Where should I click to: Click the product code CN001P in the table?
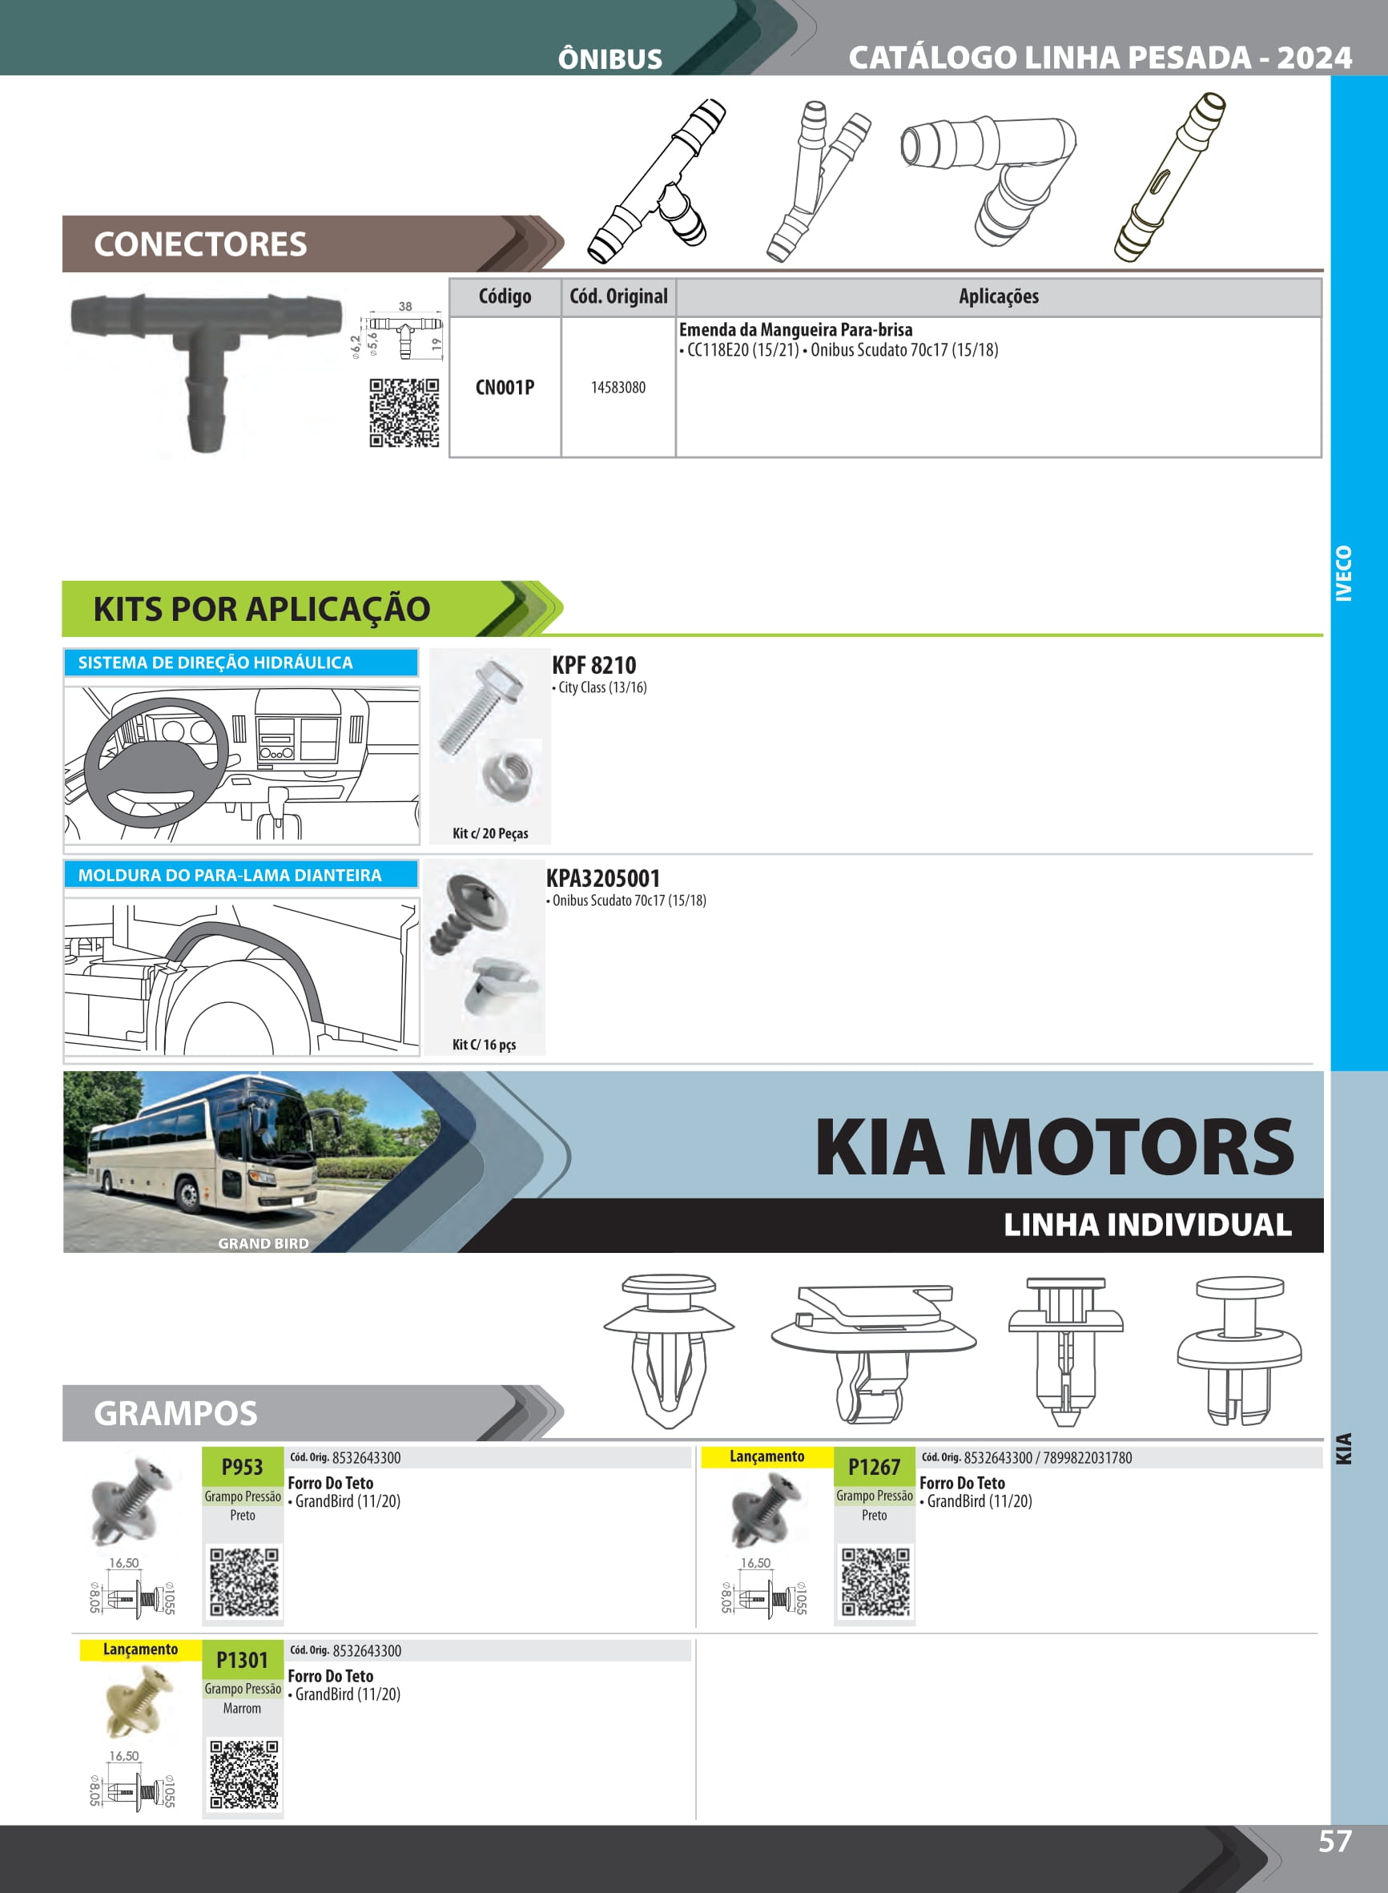click(504, 388)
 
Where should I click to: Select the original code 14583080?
click(618, 388)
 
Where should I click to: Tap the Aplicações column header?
click(998, 296)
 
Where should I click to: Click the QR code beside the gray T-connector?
click(404, 413)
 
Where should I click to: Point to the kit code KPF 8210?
click(594, 666)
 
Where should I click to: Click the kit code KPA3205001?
click(603, 879)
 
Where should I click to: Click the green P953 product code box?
click(243, 1467)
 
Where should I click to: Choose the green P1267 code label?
click(874, 1467)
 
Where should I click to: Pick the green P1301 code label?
click(243, 1659)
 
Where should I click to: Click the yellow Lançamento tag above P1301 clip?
click(140, 1649)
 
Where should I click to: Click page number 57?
click(1334, 1842)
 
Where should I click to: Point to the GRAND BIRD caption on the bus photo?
click(263, 1243)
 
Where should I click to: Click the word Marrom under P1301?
click(242, 1708)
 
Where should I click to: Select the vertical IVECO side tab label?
click(1344, 574)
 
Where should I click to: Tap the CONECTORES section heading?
click(200, 244)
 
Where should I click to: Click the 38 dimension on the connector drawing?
click(405, 307)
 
